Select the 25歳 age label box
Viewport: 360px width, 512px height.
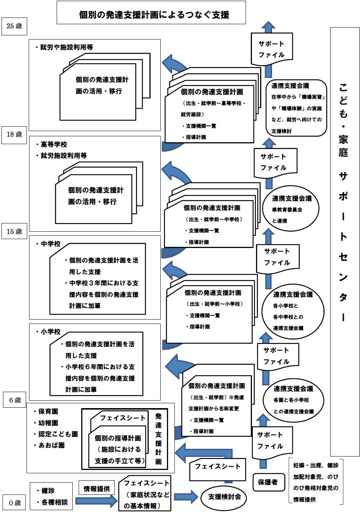[x=15, y=26]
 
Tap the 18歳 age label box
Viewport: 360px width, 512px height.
[x=15, y=134]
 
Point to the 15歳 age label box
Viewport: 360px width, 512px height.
[x=15, y=232]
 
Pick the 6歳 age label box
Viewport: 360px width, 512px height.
[x=15, y=401]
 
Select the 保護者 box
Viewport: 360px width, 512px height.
[x=268, y=482]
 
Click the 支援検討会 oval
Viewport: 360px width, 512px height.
[x=224, y=497]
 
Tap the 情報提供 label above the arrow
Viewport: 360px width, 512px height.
[x=97, y=489]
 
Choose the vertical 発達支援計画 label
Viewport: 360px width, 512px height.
[x=158, y=439]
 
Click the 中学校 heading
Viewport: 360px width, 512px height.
[x=50, y=244]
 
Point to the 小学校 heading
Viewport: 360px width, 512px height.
[x=50, y=331]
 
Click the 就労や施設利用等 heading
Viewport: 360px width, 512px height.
[x=66, y=47]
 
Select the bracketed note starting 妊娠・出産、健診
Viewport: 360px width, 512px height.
[x=316, y=482]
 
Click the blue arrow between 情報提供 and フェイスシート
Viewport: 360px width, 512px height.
[x=96, y=500]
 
